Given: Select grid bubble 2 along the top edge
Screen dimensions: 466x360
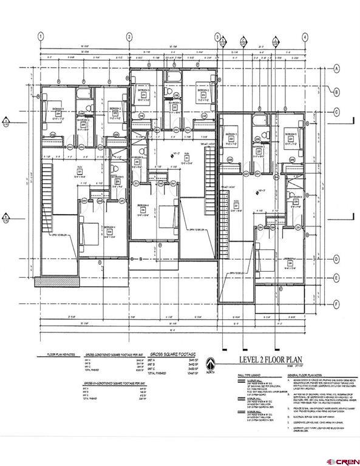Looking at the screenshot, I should pyautogui.click(x=129, y=36).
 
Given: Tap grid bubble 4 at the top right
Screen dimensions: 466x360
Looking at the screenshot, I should pyautogui.click(x=305, y=36).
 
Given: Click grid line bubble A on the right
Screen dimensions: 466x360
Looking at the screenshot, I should pyautogui.click(x=336, y=69).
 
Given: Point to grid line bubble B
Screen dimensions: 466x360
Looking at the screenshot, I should pyautogui.click(x=336, y=92).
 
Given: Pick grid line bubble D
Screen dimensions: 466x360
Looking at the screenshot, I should pyautogui.click(x=336, y=258).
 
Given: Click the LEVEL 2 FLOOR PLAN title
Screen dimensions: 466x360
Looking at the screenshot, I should pyautogui.click(x=265, y=359).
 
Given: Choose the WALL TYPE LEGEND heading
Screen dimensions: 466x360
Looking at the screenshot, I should pyautogui.click(x=234, y=376).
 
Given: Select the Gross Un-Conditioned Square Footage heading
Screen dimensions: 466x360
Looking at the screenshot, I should pyautogui.click(x=112, y=383).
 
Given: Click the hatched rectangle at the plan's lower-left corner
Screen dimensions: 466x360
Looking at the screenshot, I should pyautogui.click(x=45, y=281).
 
